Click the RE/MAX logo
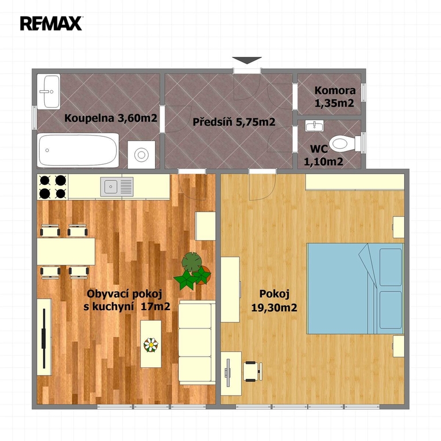(51, 24)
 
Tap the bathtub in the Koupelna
(78, 150)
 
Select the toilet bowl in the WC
(345, 144)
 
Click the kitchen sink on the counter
(117, 187)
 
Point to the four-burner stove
(53, 187)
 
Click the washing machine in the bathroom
(141, 154)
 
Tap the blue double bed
(355, 288)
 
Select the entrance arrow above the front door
(247, 60)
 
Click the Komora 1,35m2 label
(335, 96)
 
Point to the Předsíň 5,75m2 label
(234, 122)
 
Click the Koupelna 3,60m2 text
(110, 118)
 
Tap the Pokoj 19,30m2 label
(274, 301)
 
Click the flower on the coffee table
(151, 345)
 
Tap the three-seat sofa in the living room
(196, 343)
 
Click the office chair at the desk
(253, 372)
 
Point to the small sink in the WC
(315, 126)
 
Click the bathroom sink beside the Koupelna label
(49, 92)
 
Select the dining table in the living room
(66, 252)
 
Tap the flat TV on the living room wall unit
(44, 338)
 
